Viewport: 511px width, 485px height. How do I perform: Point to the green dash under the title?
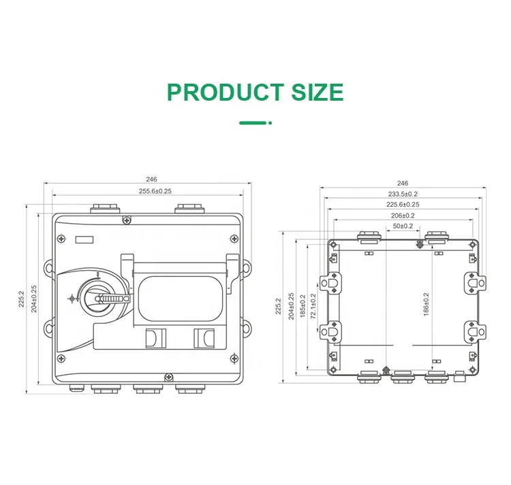click(x=253, y=123)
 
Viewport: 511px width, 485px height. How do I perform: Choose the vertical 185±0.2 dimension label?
click(x=303, y=307)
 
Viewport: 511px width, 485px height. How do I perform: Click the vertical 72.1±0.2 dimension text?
click(x=313, y=307)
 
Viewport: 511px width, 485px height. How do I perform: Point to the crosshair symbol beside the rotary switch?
click(x=71, y=298)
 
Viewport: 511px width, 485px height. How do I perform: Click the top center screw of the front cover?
click(x=127, y=220)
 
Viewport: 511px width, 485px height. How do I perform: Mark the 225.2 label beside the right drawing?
click(x=278, y=307)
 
